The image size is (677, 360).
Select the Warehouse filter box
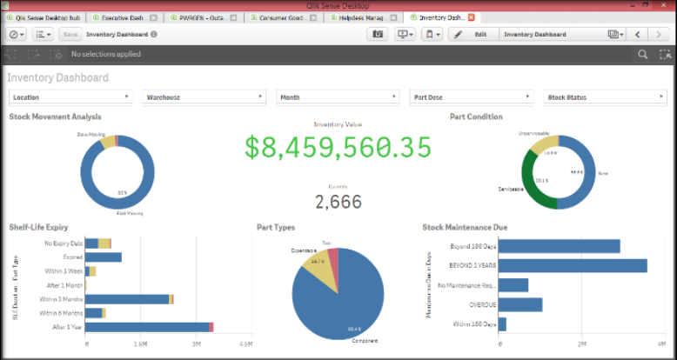click(204, 97)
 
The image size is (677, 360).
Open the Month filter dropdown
click(338, 97)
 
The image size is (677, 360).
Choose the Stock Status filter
click(604, 97)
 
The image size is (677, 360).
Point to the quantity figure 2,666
click(338, 202)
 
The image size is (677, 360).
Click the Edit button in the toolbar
click(473, 34)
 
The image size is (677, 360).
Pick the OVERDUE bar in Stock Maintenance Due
click(520, 304)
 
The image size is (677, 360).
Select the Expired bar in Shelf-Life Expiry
click(104, 257)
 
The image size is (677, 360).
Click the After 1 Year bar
click(148, 327)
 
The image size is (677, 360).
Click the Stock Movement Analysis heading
click(55, 117)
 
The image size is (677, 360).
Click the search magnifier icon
click(642, 54)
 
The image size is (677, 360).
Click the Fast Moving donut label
click(130, 212)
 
